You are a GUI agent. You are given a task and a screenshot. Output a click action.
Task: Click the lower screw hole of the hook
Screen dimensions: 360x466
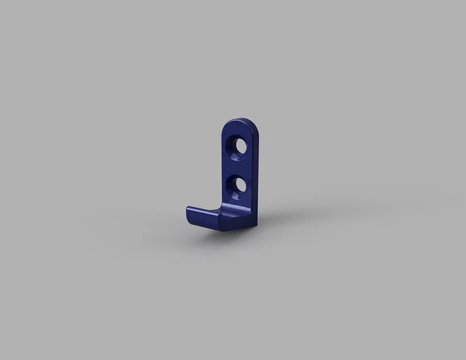coord(237,185)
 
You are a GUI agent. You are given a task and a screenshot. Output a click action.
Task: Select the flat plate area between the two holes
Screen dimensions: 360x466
coord(236,166)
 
